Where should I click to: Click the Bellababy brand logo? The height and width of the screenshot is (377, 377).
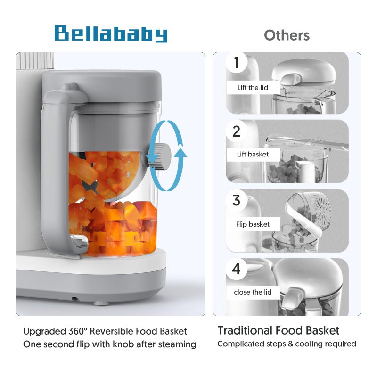[111, 34]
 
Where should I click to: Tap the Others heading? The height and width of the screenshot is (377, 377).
[287, 35]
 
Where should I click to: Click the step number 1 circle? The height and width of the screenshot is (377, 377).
[236, 63]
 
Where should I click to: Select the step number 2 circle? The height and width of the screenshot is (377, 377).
[236, 131]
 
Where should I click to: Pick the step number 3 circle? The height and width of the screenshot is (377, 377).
[236, 200]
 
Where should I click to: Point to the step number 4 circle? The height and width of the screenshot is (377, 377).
[236, 269]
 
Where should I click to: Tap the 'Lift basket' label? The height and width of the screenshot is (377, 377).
[253, 154]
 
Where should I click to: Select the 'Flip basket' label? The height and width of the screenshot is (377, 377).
[253, 224]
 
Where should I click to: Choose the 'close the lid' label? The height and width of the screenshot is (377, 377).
[253, 292]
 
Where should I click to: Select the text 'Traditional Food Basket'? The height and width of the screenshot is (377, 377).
[278, 331]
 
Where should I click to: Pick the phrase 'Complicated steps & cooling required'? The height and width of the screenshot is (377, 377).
[287, 344]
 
